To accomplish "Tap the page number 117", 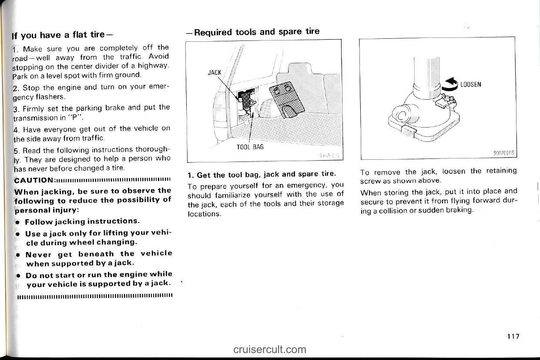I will [513, 336].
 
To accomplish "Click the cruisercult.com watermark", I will [269, 349].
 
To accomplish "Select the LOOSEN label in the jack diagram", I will [470, 84].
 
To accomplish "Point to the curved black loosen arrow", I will [450, 84].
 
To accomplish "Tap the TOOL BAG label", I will [250, 147].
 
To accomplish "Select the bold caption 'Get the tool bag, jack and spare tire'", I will [265, 175].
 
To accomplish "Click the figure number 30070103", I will [504, 154].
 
